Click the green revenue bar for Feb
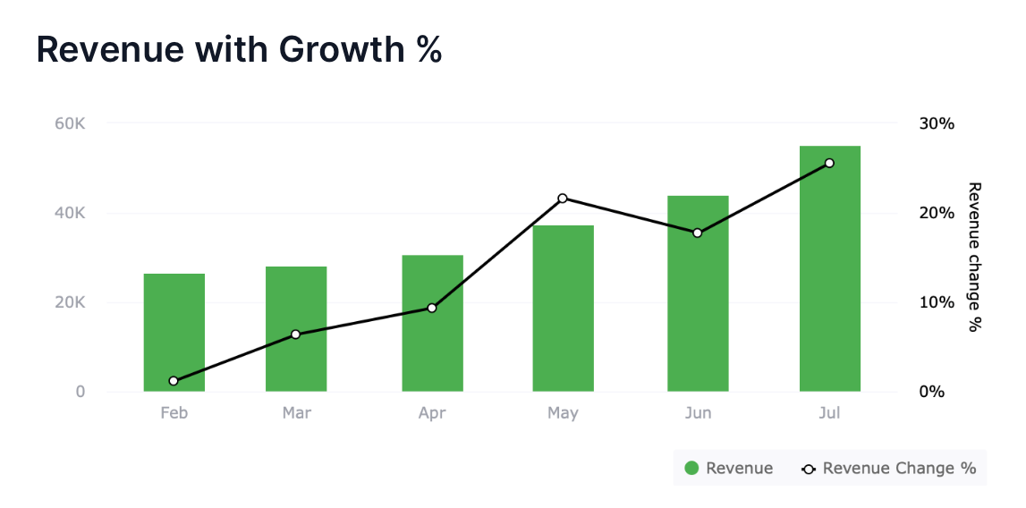click(174, 333)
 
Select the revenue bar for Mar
click(296, 329)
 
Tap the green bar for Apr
click(432, 324)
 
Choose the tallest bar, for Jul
click(829, 268)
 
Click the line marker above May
click(563, 199)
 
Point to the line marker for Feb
click(174, 381)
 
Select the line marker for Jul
click(829, 163)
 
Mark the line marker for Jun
click(698, 233)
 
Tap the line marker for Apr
click(432, 308)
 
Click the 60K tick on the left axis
click(70, 123)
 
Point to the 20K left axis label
click(70, 302)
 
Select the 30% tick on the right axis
click(937, 123)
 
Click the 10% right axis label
click(937, 302)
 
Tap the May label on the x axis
click(563, 413)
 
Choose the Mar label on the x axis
click(296, 413)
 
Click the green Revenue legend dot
click(691, 468)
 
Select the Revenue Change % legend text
click(899, 468)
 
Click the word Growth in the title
click(339, 49)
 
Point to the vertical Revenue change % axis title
click(975, 257)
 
